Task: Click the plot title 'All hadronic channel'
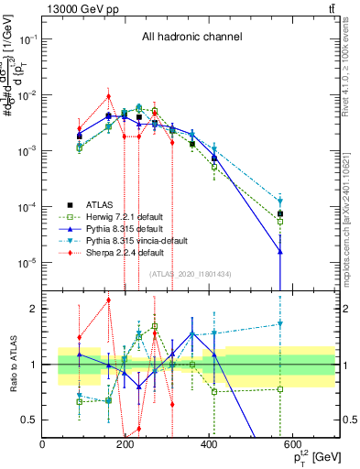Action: (191, 38)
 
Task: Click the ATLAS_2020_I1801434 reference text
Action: (191, 274)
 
